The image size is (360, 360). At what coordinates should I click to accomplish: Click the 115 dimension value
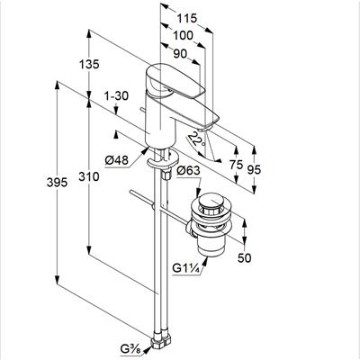tap(186, 18)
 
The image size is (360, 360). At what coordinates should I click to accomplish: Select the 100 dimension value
tap(183, 36)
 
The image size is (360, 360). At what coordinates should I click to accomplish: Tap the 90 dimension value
tap(180, 54)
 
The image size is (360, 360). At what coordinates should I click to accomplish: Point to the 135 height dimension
tap(89, 64)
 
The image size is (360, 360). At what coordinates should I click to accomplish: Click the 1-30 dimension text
tap(116, 96)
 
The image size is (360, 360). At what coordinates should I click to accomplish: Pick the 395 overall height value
tap(57, 182)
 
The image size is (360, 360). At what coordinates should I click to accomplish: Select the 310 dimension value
tap(89, 176)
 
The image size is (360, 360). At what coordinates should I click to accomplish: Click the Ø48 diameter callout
tap(116, 161)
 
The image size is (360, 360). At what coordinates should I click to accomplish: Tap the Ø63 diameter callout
tap(188, 171)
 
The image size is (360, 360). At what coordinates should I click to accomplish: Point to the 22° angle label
tap(196, 139)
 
